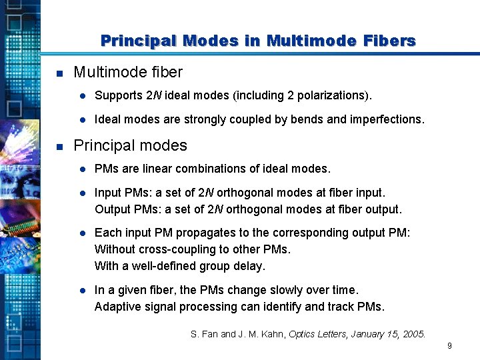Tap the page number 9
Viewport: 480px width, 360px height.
[450, 346]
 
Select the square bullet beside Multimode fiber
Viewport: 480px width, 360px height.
[59, 73]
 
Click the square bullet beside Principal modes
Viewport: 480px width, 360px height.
[59, 146]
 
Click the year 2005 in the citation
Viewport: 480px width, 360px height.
[413, 334]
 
